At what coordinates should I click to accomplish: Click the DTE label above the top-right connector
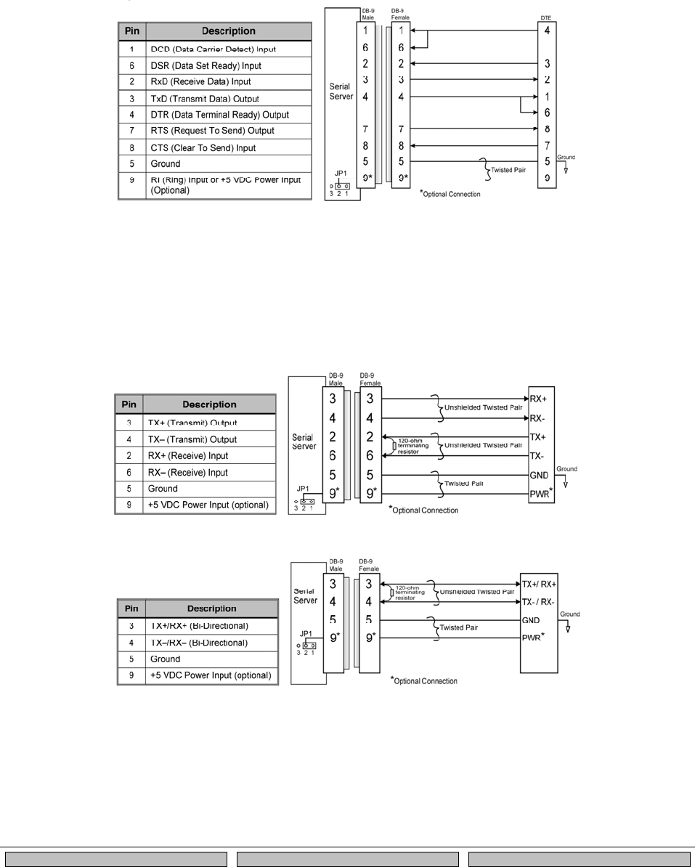click(545, 16)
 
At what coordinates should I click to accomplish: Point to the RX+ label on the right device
click(538, 399)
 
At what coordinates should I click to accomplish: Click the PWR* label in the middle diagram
click(540, 494)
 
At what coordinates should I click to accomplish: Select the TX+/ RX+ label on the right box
click(538, 584)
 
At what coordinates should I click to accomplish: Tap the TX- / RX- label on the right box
click(538, 602)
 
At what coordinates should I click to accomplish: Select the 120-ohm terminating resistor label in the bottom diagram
click(410, 595)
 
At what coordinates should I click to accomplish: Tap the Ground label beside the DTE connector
click(566, 157)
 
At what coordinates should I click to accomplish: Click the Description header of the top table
click(228, 31)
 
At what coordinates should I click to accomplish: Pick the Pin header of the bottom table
click(131, 608)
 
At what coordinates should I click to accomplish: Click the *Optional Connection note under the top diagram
click(450, 195)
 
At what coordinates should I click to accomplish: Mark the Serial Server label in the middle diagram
click(302, 442)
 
